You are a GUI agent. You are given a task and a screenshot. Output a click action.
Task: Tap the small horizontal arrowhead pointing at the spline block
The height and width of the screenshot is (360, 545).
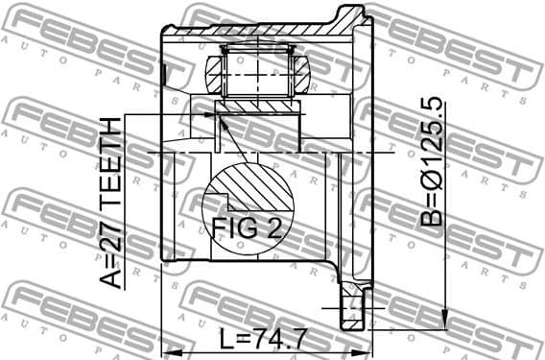(x=210, y=115)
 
